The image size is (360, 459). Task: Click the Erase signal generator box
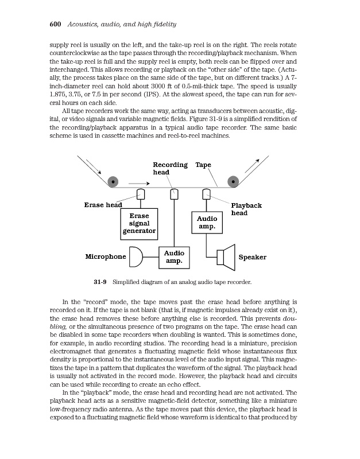(x=139, y=223)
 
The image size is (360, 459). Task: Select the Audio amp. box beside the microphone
(x=174, y=256)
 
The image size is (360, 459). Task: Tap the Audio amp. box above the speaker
(x=207, y=222)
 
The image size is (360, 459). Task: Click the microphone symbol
(x=136, y=256)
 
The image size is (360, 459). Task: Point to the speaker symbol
(x=226, y=256)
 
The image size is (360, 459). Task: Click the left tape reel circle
(x=114, y=182)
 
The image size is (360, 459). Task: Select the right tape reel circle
(x=233, y=182)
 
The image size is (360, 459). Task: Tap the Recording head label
(x=169, y=168)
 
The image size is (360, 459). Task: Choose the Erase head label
(x=103, y=205)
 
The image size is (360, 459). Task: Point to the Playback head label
(x=246, y=209)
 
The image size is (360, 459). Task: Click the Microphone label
(x=105, y=256)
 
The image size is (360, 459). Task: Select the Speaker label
(x=252, y=257)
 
